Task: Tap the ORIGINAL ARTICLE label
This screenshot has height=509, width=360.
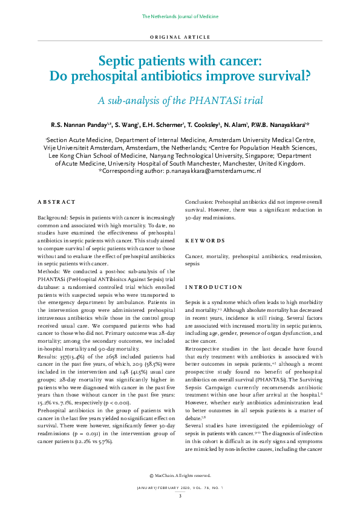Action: pyautogui.click(x=180, y=37)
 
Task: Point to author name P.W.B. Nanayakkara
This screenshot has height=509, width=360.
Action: pyautogui.click(x=282, y=125)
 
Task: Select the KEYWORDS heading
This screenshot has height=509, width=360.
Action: pyautogui.click(x=205, y=240)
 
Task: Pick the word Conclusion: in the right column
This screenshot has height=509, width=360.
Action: pyautogui.click(x=202, y=202)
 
